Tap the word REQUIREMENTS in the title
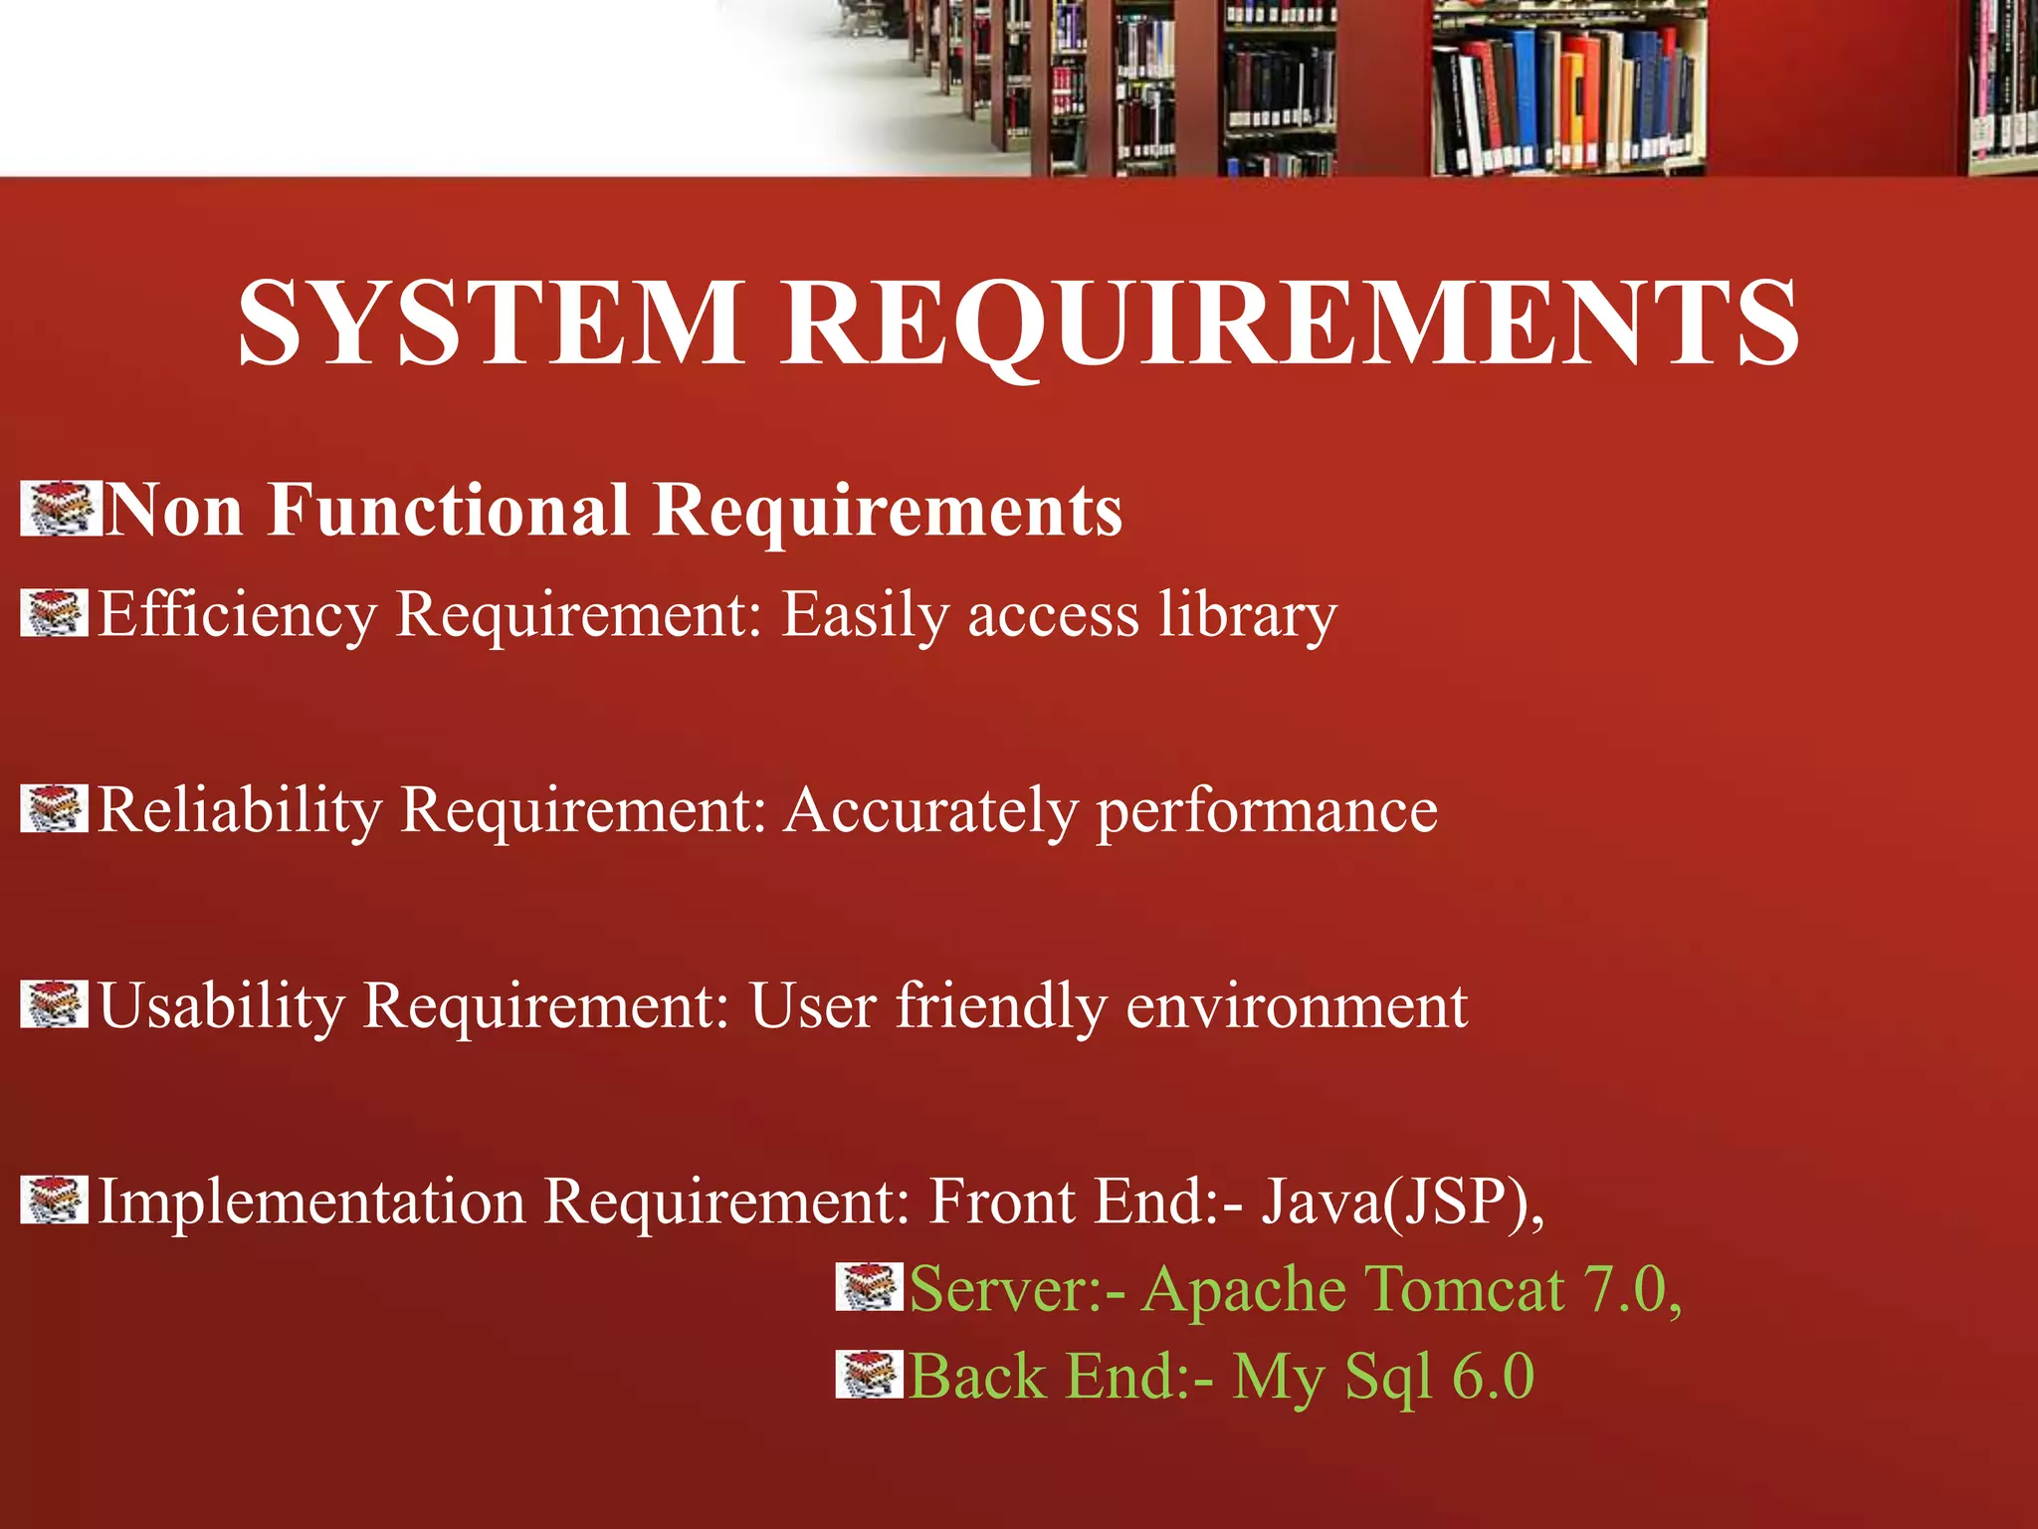click(x=1290, y=322)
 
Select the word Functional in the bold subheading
click(x=448, y=510)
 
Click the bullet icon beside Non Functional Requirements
click(x=60, y=509)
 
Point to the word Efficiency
click(x=237, y=614)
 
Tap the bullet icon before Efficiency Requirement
click(x=54, y=613)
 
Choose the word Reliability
click(x=240, y=809)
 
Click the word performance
click(x=1267, y=809)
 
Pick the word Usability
click(x=221, y=1005)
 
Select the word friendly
click(x=1001, y=1005)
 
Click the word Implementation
click(x=311, y=1201)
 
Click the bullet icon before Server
click(x=869, y=1287)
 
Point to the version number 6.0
click(x=1493, y=1376)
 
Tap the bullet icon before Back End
click(x=869, y=1375)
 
